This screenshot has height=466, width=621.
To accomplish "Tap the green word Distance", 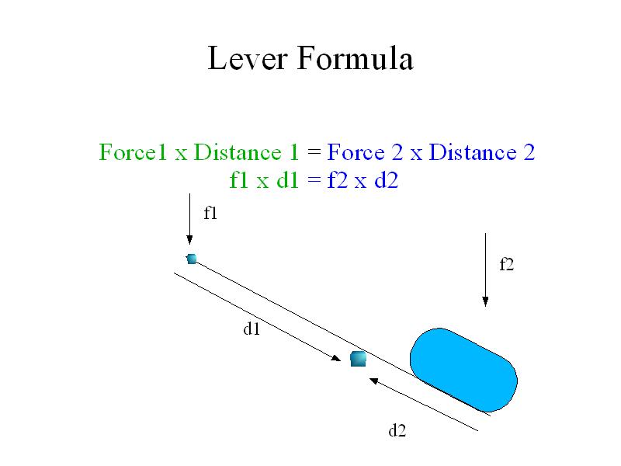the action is (238, 152).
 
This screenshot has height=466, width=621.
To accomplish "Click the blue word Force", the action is (356, 152).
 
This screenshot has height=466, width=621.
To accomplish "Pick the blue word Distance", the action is (473, 152).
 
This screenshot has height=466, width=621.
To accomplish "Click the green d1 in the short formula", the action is (287, 180).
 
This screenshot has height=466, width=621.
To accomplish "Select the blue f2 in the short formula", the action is (338, 180).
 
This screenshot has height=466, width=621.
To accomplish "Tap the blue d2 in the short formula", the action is (386, 180).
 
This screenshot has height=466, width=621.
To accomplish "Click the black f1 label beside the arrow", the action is (210, 213).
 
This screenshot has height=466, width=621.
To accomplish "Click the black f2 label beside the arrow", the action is (507, 264).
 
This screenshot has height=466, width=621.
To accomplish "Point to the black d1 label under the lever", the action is (252, 329).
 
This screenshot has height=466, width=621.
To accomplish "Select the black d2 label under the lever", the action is (397, 430).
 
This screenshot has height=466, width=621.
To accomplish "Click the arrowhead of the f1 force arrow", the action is (189, 240).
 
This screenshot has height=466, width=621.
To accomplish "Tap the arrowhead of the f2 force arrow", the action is (486, 301).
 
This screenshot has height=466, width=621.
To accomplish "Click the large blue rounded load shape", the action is (463, 370).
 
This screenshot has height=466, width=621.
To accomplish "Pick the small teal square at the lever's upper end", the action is (192, 259).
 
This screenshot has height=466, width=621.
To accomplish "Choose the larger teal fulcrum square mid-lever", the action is (359, 359).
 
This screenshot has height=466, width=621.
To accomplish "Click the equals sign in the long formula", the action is (314, 152).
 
